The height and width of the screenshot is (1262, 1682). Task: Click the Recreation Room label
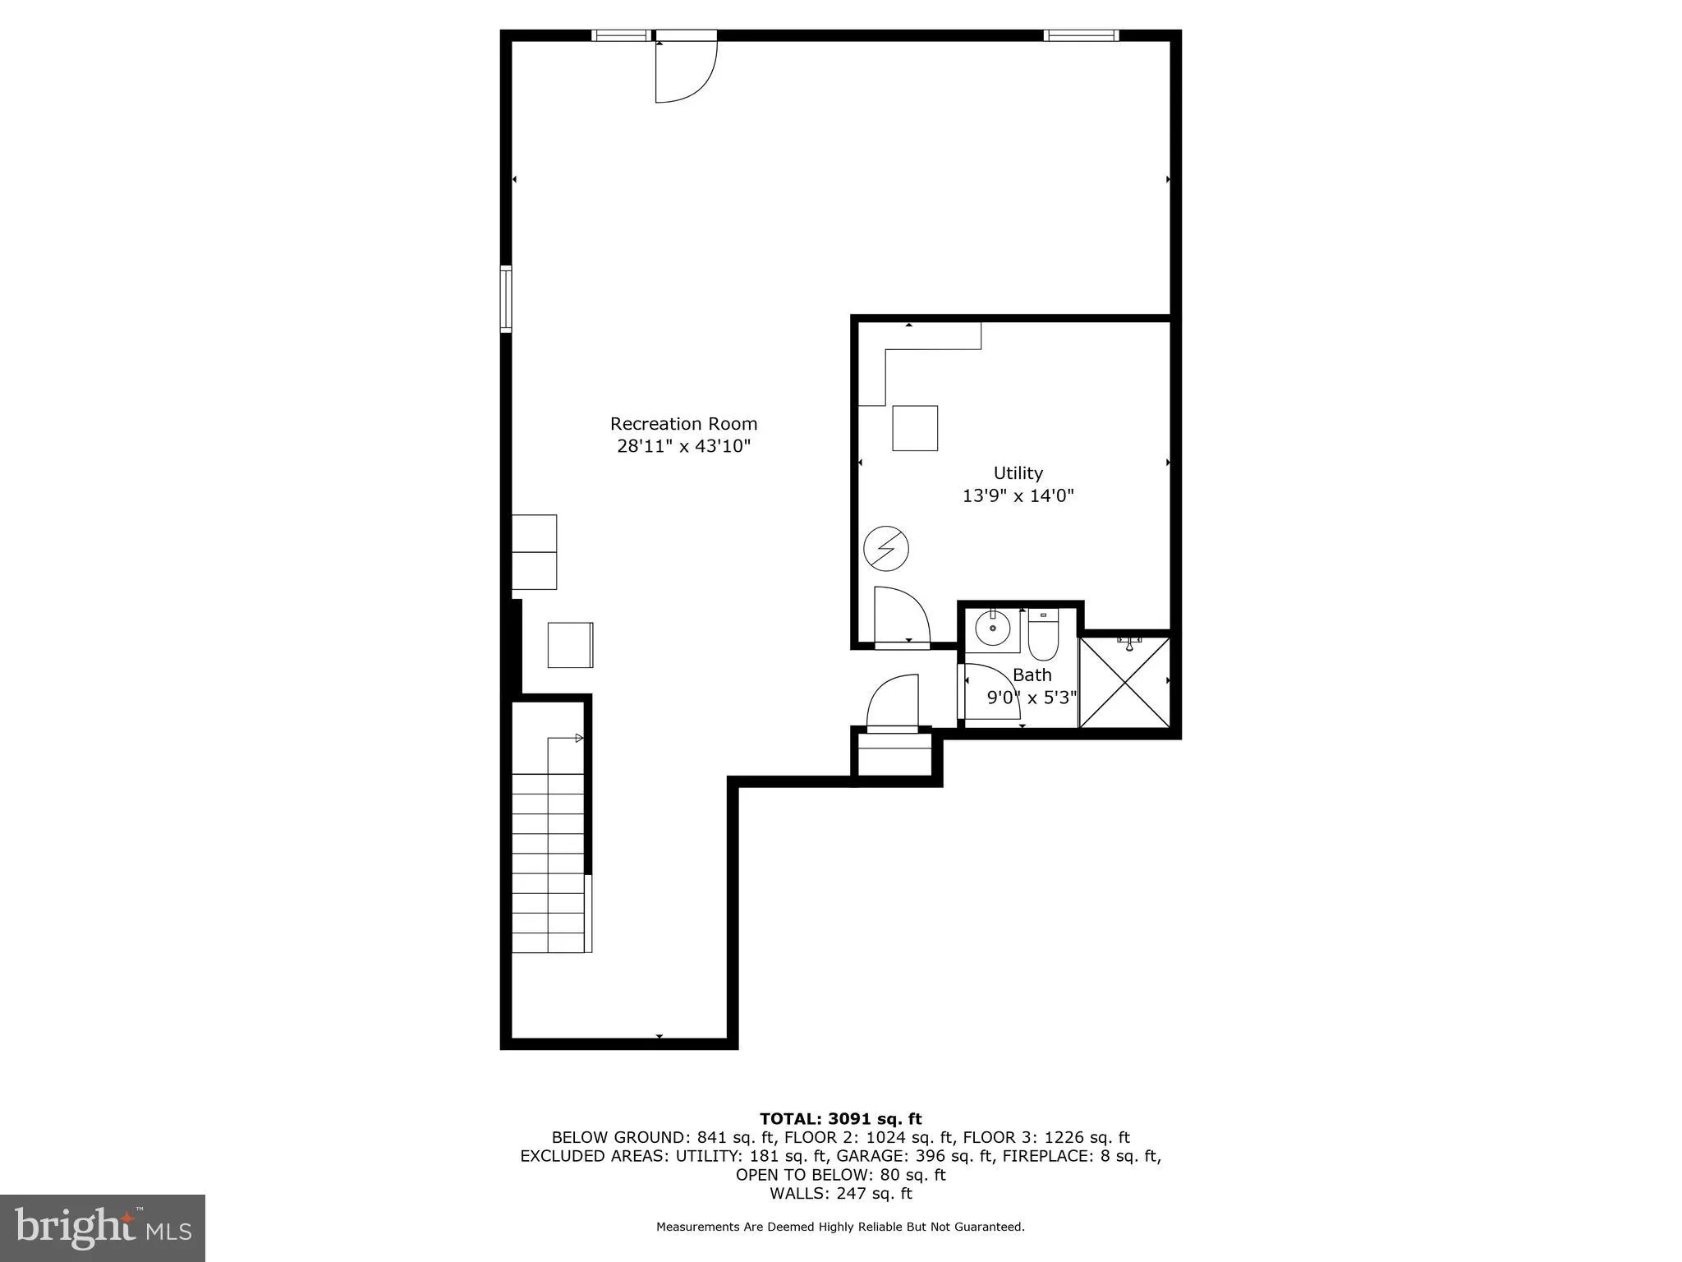(x=683, y=424)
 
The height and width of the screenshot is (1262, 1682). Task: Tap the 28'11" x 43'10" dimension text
(x=683, y=446)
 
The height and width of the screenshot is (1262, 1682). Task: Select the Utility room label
(x=1018, y=473)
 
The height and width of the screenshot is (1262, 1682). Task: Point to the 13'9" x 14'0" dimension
(x=1018, y=495)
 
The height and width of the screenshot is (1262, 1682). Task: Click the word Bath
(x=1032, y=675)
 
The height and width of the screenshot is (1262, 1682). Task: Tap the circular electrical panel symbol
(x=886, y=549)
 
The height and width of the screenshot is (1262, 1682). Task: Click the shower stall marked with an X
(x=1124, y=682)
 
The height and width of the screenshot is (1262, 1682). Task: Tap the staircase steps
(x=547, y=863)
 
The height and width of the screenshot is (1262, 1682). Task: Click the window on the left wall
(x=506, y=299)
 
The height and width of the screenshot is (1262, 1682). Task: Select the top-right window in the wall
(x=1081, y=35)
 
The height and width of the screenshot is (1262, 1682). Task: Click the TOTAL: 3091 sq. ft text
(x=840, y=1119)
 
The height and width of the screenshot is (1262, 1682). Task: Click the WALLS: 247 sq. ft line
(x=840, y=1193)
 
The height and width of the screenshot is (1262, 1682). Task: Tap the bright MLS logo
(x=103, y=1227)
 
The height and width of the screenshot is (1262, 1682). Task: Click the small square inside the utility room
(x=915, y=428)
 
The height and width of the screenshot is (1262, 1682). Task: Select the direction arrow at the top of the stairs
(x=578, y=738)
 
